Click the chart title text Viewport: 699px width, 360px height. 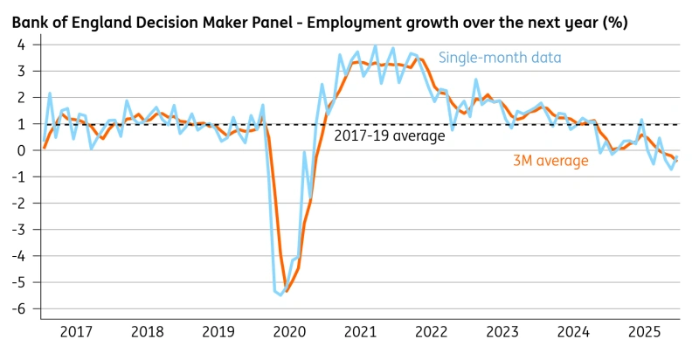click(320, 18)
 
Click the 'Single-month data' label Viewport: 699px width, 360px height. click(499, 58)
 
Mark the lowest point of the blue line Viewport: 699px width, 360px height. click(281, 295)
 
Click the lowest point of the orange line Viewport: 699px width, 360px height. click(287, 291)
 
